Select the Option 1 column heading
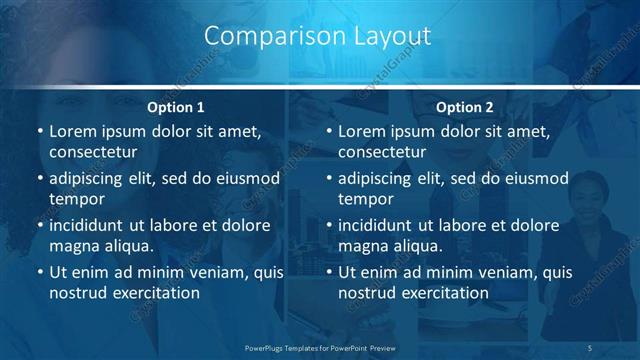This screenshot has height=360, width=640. [x=176, y=107]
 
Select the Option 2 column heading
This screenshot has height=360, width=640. [x=465, y=107]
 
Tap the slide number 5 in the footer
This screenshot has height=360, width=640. [x=591, y=347]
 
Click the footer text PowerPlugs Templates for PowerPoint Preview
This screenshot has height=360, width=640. [x=319, y=347]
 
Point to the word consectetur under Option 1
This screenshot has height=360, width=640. [x=93, y=152]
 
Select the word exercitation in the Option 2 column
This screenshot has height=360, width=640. [x=442, y=293]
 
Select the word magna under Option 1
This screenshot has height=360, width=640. [x=73, y=246]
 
